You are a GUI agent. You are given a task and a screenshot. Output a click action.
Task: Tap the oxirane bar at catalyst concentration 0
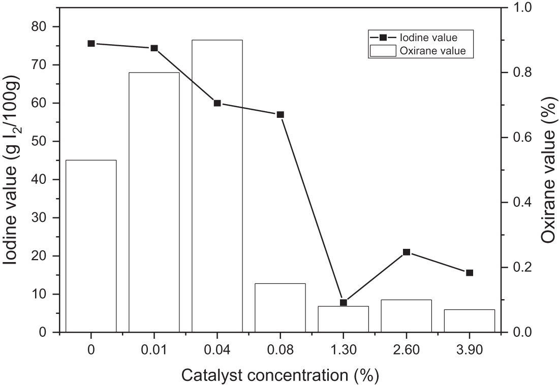(91, 246)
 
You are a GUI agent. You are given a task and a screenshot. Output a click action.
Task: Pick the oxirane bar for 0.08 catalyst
(280, 308)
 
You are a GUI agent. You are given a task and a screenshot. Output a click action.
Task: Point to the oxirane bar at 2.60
(406, 316)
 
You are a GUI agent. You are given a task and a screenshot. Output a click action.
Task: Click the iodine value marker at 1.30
(343, 303)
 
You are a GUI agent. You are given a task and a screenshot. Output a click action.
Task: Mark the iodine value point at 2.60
(406, 252)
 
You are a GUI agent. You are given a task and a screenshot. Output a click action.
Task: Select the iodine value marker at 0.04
(217, 103)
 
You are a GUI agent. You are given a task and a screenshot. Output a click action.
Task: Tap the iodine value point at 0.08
(280, 115)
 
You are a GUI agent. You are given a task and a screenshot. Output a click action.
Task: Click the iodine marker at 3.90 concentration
(469, 273)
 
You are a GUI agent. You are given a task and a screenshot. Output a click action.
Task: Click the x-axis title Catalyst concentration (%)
(280, 375)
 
